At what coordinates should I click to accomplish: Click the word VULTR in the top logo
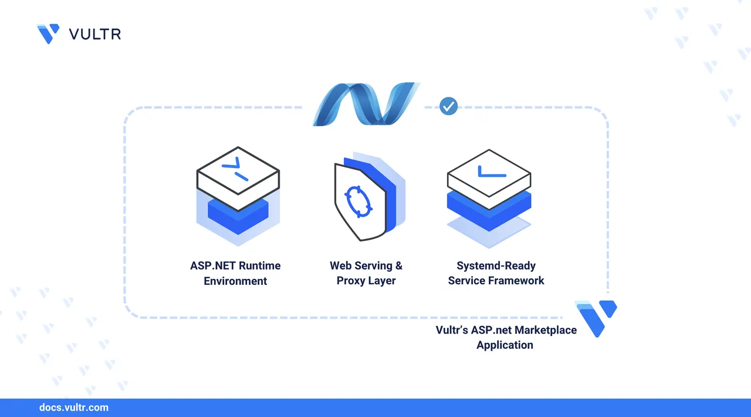click(95, 34)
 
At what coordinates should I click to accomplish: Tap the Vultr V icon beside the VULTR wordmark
click(48, 33)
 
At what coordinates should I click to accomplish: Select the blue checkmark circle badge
click(449, 106)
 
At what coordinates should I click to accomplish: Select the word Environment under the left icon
click(235, 281)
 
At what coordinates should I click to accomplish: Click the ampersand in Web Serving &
click(399, 265)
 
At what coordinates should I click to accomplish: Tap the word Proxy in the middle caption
click(351, 281)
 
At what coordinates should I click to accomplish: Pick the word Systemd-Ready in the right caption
click(496, 265)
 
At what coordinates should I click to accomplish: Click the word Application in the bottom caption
click(505, 345)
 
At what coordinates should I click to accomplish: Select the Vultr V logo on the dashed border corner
click(597, 317)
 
